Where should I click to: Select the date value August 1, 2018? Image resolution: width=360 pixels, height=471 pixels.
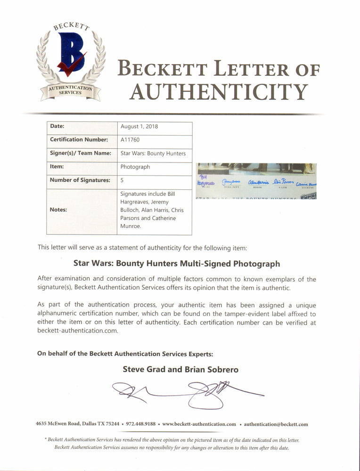[136, 127]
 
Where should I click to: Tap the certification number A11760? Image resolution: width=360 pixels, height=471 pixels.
[130, 140]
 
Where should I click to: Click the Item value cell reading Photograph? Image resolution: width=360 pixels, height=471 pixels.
[135, 167]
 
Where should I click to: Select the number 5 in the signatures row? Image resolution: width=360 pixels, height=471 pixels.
[123, 180]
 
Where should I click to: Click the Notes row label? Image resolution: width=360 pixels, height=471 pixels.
[59, 210]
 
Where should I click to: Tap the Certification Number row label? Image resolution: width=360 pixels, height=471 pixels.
[79, 140]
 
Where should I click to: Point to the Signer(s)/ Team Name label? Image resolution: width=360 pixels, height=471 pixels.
[80, 153]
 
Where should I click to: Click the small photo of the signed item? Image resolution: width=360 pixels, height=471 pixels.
[256, 181]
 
